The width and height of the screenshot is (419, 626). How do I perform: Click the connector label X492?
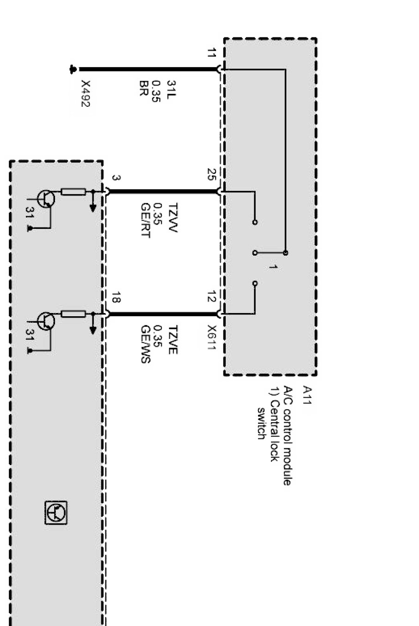coord(85,94)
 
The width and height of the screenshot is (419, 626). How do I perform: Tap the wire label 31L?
coord(172,88)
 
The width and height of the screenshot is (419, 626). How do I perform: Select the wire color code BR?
coord(143,88)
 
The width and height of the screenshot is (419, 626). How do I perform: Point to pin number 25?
coord(211,175)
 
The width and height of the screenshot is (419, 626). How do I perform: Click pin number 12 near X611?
coord(211,298)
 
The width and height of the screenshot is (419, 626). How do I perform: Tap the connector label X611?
coord(211,338)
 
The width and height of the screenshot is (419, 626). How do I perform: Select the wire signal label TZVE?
coord(172,340)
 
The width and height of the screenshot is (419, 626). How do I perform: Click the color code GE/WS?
coord(144,344)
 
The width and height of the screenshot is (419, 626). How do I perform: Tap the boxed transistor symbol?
coord(56,512)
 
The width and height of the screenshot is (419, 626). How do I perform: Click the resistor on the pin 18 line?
coord(73,314)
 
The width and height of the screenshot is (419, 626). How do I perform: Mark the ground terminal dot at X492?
coord(73,70)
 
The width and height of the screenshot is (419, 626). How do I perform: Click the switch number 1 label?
coord(273,267)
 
